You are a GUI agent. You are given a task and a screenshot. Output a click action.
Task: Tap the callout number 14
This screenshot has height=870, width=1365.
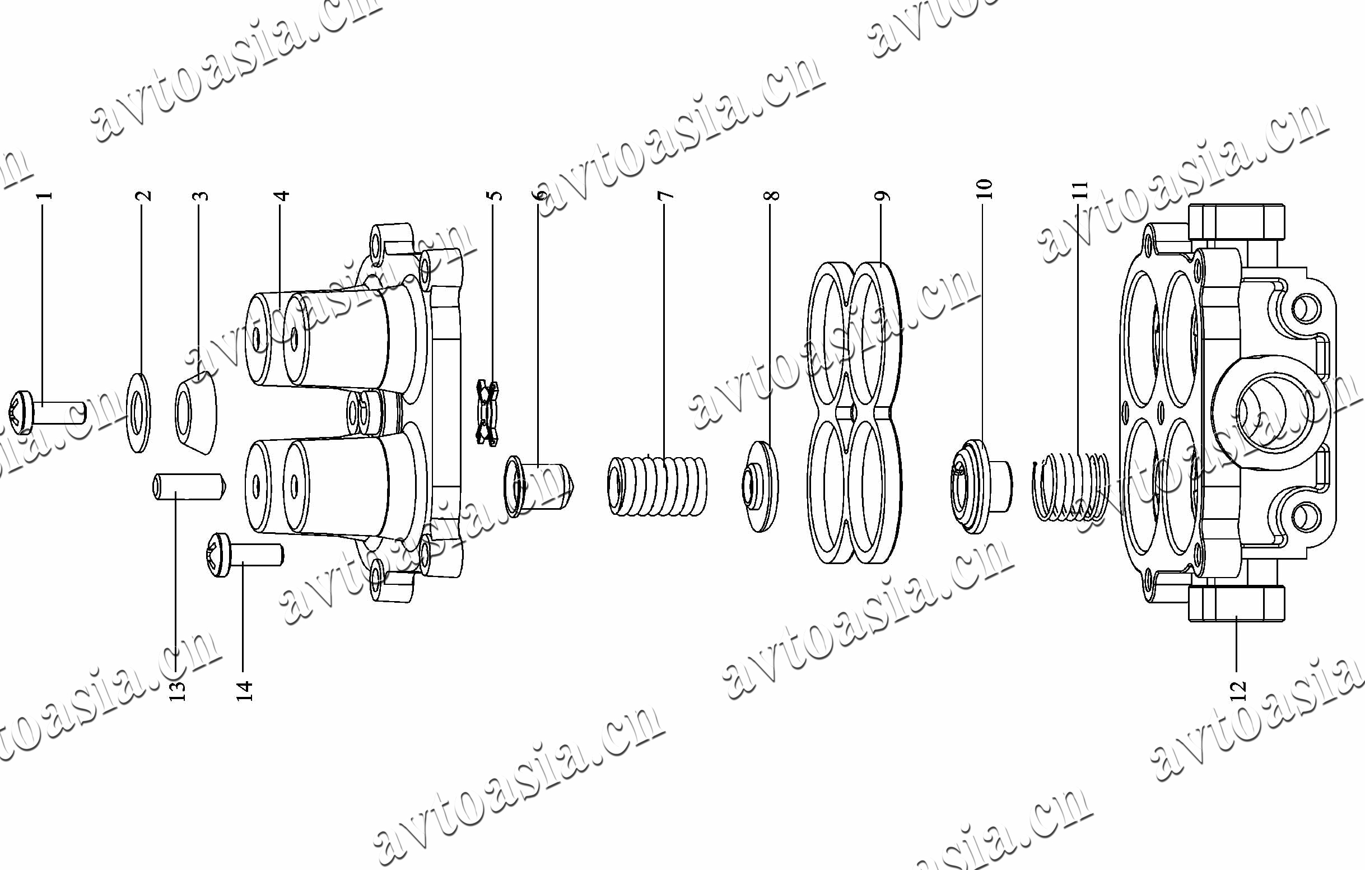point(244,690)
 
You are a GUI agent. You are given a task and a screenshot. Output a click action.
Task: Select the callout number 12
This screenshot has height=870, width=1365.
point(1238,690)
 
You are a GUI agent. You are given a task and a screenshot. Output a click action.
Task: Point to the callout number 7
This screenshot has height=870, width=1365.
point(666,195)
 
